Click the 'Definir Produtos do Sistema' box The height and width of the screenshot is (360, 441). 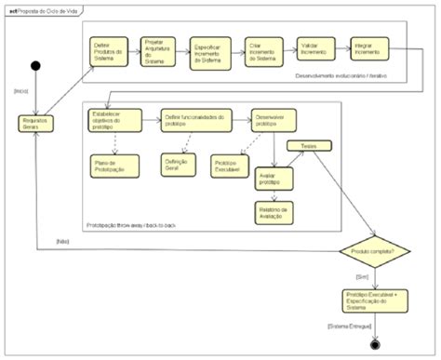pos(110,51)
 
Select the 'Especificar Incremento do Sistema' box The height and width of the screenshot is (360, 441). pos(210,51)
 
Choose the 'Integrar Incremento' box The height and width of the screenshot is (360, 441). pos(366,49)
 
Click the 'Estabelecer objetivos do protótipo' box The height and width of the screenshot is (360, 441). pos(116,119)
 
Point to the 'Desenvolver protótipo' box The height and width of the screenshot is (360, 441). pos(268,119)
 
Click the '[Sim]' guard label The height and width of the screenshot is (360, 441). pos(364,276)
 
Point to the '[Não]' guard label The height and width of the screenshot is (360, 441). pos(38,240)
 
